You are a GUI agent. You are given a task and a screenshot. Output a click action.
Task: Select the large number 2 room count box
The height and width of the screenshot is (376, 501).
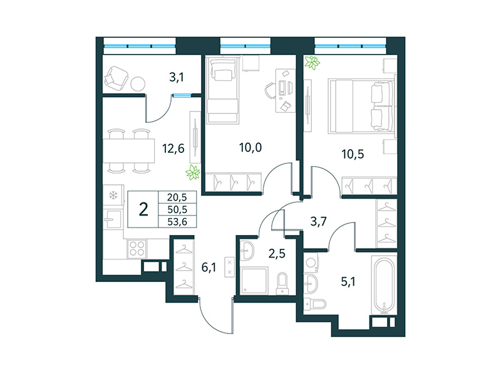(x=143, y=209)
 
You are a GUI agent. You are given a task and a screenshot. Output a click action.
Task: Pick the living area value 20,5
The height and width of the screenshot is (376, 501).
(x=177, y=197)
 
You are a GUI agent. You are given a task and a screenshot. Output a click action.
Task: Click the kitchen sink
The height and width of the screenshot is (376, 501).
(x=113, y=220)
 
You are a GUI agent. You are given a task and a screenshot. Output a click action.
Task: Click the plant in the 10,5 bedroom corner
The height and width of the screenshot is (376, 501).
(x=311, y=62)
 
